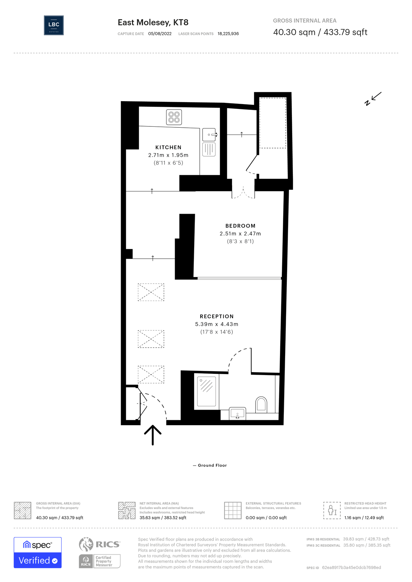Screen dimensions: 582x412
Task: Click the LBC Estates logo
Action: [54, 25]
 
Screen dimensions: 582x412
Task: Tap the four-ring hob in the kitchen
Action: [174, 117]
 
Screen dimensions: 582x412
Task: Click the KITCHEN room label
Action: [168, 147]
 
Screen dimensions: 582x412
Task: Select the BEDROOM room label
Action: [240, 226]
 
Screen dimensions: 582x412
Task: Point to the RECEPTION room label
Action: [217, 317]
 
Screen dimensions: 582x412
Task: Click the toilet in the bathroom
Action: [261, 404]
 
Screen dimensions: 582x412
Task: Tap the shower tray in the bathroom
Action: [206, 391]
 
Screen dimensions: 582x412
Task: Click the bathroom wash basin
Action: [238, 413]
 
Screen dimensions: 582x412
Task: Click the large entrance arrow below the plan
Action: [152, 435]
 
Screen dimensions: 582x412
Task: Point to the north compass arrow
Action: [374, 98]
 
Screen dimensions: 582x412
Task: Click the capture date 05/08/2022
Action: [160, 34]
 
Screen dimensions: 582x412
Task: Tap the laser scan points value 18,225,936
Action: [228, 34]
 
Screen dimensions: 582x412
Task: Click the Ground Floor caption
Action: [212, 465]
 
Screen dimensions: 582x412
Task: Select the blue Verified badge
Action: [38, 560]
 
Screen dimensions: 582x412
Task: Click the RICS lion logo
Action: [86, 544]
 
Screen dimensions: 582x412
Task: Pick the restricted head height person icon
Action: [332, 511]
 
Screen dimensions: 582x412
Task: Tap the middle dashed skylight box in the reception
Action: [151, 339]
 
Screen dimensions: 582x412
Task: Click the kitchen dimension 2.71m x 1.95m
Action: [168, 155]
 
